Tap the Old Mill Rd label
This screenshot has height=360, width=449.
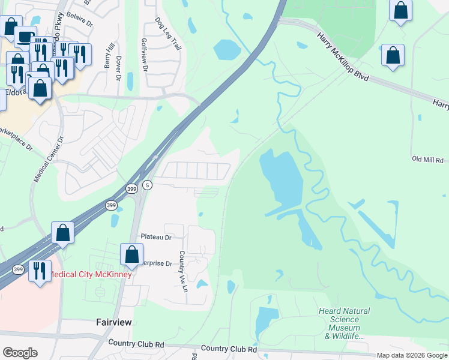click(x=427, y=160)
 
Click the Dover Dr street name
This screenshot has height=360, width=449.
click(x=118, y=68)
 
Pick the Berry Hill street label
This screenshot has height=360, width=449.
click(x=109, y=56)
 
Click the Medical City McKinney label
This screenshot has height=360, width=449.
click(x=89, y=275)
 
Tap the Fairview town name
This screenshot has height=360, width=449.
click(x=114, y=322)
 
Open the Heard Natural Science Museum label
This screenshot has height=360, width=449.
click(x=343, y=323)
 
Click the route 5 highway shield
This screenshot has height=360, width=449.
click(x=147, y=185)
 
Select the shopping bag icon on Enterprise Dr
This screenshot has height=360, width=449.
click(x=131, y=254)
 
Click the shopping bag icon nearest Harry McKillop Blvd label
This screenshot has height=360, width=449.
click(x=393, y=55)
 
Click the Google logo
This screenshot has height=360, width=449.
click(x=20, y=353)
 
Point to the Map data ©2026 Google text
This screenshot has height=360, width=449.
click(x=411, y=355)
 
